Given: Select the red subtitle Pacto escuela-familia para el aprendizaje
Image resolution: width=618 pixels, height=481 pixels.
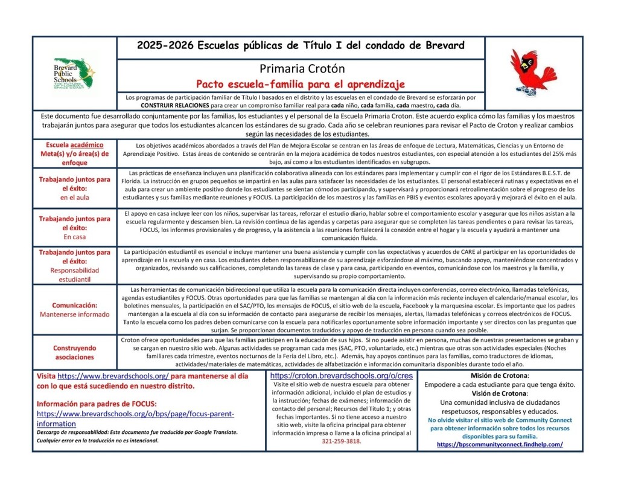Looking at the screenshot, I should tap(301, 83).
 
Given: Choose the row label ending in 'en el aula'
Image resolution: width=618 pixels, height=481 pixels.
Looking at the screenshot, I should tap(74, 188).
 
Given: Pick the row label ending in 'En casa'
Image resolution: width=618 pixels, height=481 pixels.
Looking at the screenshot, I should tap(74, 227).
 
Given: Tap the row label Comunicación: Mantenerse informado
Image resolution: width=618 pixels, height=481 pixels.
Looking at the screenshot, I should tap(74, 309).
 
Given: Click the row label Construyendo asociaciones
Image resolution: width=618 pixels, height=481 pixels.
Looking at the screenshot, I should tap(74, 352).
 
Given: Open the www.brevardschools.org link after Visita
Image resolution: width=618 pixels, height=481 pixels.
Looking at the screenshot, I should tap(113, 376).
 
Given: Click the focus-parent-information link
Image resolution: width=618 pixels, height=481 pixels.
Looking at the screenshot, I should tap(135, 419).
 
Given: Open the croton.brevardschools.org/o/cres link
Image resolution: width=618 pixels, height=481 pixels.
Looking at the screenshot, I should tap(341, 375).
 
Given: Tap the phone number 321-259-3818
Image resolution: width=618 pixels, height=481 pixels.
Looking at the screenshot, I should tap(341, 441).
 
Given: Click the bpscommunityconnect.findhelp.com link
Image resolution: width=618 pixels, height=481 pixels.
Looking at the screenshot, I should tap(499, 444).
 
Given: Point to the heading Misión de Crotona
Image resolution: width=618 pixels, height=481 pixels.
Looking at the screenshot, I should tap(499, 376).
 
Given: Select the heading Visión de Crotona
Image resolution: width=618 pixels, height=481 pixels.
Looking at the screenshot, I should tap(499, 393).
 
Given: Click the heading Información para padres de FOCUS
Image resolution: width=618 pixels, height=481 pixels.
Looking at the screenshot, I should tap(97, 404).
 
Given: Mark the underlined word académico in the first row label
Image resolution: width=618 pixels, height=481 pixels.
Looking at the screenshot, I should tap(86, 145).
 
